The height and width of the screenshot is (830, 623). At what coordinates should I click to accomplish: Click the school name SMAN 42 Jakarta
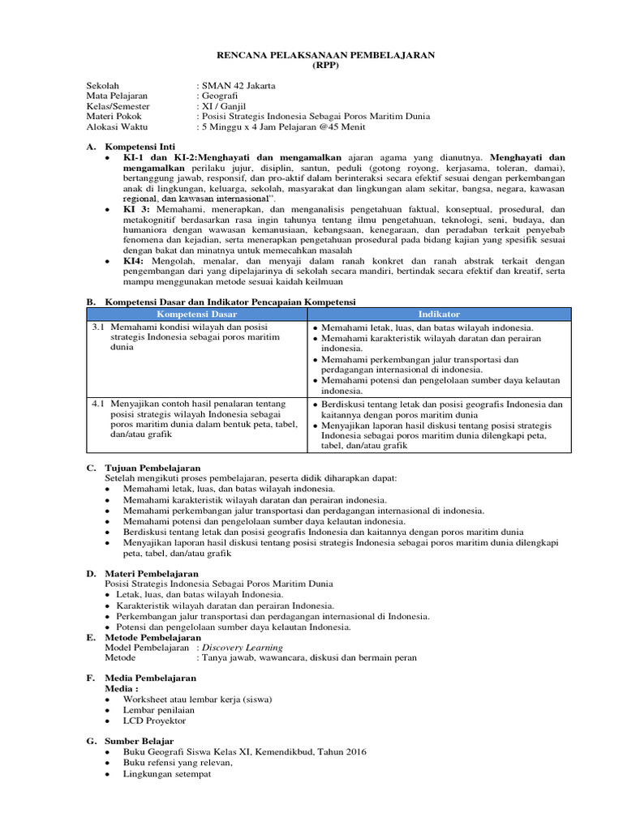(x=238, y=85)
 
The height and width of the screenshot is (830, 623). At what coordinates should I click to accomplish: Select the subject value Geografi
(x=221, y=96)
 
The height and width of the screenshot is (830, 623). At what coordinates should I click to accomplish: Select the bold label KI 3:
(x=136, y=209)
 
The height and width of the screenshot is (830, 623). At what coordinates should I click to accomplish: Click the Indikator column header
(x=438, y=314)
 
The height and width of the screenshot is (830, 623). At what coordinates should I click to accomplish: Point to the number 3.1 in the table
(x=97, y=327)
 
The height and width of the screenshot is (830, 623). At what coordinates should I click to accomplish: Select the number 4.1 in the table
(x=97, y=404)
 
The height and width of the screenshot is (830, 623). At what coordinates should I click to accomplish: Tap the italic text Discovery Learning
(x=243, y=648)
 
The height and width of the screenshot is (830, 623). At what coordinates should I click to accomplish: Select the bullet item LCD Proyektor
(x=154, y=720)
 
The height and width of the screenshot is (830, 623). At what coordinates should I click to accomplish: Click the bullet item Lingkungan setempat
(x=167, y=774)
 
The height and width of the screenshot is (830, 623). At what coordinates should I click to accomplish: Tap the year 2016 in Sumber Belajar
(x=352, y=752)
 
